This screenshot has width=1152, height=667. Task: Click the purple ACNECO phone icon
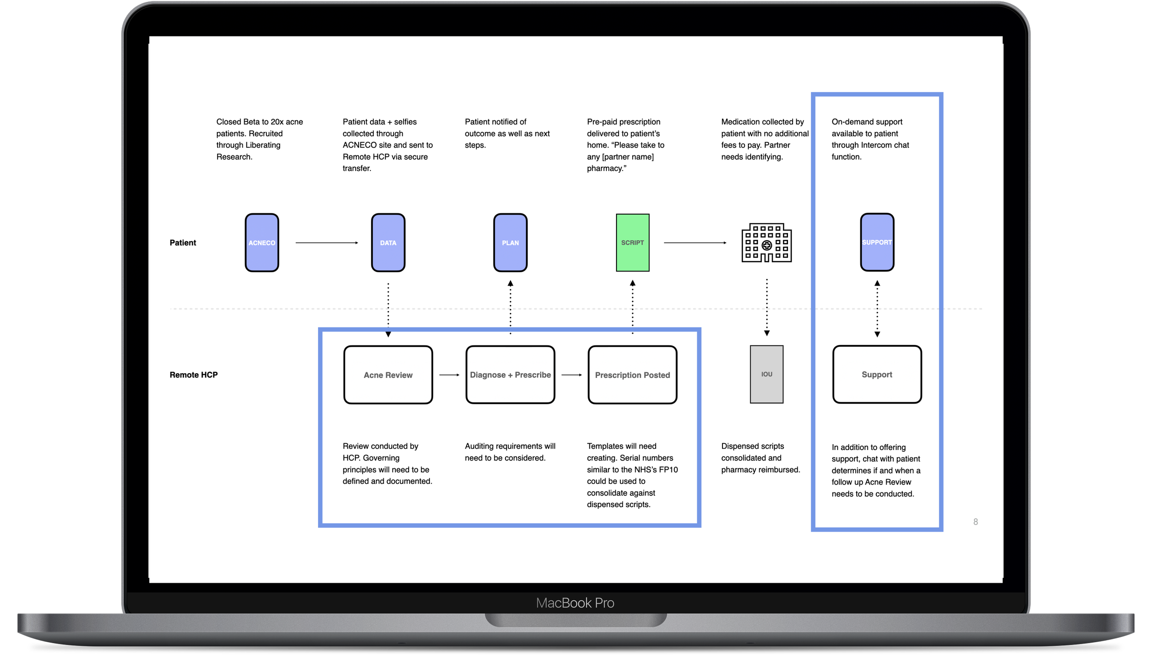click(262, 243)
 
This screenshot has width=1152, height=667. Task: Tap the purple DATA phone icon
click(388, 243)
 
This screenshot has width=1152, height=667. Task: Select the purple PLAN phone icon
click(510, 243)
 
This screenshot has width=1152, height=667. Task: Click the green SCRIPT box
click(632, 243)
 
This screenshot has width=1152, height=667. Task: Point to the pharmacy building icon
click(766, 243)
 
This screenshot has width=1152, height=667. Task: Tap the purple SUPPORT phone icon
click(877, 242)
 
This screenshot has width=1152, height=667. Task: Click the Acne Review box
click(388, 375)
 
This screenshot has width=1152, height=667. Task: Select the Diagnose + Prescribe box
click(510, 375)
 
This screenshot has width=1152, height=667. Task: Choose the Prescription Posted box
click(632, 375)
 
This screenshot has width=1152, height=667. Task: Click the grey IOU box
click(766, 374)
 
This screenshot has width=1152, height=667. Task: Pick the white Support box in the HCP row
click(877, 374)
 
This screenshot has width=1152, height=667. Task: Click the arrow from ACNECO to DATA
click(327, 243)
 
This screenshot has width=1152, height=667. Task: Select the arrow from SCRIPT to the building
click(695, 243)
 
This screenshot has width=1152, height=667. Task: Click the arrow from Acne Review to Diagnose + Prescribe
click(449, 375)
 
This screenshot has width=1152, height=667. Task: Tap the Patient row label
click(183, 243)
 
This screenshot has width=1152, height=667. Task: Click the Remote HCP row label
click(194, 375)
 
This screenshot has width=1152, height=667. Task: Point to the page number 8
click(976, 522)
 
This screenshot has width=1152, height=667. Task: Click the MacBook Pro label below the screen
click(575, 603)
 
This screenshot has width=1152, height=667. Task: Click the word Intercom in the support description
click(877, 145)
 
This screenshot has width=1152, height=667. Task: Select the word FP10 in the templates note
click(668, 470)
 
